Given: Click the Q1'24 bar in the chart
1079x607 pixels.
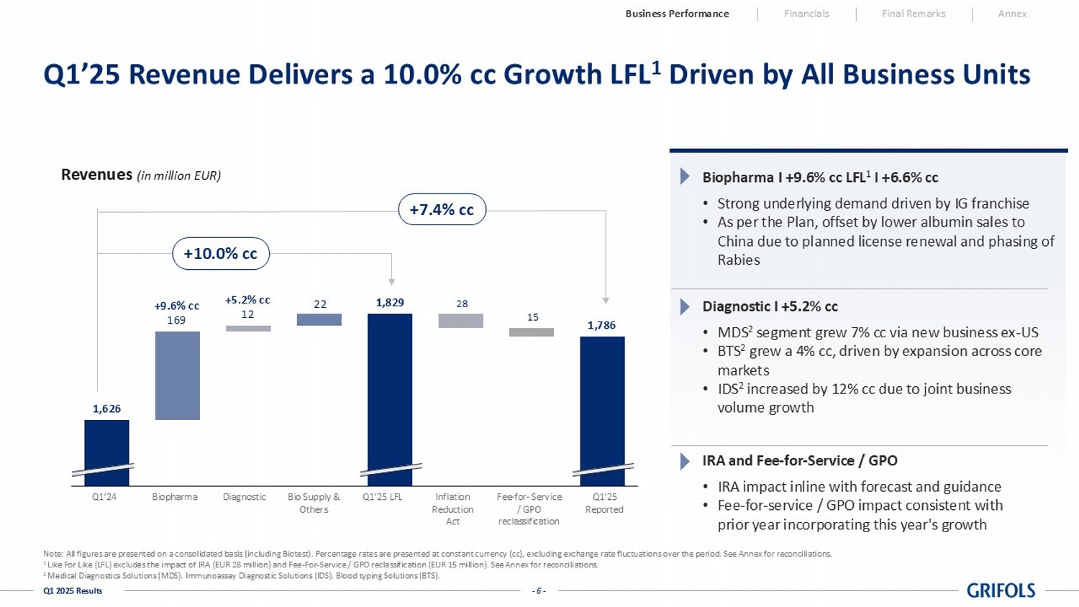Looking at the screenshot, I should pos(106,452).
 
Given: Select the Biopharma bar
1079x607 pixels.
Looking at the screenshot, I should pos(177,375).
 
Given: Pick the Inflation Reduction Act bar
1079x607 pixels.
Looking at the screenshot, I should pos(460,321).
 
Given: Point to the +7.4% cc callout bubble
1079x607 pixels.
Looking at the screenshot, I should pos(442,210).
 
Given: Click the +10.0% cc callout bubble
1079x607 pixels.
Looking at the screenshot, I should pos(221,254).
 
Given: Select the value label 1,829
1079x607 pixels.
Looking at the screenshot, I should pos(390,303).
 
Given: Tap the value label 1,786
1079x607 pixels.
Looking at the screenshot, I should pos(601,325).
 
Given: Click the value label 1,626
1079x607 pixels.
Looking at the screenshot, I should pos(106,409).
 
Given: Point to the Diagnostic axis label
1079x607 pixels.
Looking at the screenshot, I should pos(245,497).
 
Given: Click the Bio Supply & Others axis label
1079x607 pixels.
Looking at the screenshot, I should pos(314,503).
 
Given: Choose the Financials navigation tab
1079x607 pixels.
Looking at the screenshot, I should pos(806,14).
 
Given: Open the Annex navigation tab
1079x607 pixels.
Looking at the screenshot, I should pos(1012,14).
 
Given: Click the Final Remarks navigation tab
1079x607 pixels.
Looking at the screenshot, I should pos(914,14).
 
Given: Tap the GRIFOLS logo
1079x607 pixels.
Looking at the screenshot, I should pos(1001,590).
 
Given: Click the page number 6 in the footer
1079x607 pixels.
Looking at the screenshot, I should pos(539,591).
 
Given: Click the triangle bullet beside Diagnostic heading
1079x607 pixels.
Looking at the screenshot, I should pos(684,307).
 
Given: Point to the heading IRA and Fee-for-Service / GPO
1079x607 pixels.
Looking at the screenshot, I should pos(799,460).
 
